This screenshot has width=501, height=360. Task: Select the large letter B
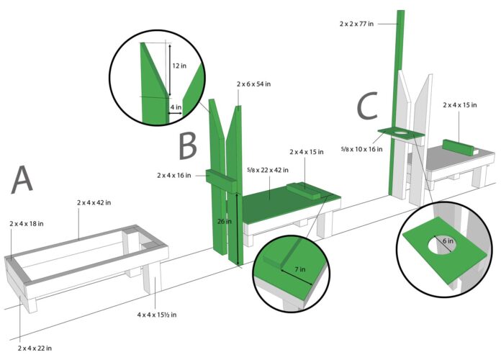pyautogui.click(x=189, y=145)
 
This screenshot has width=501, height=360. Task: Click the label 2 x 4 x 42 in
pyautogui.click(x=94, y=203)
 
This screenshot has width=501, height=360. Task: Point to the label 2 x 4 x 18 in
pyautogui.click(x=26, y=224)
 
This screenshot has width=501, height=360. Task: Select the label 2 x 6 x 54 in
pyautogui.click(x=253, y=84)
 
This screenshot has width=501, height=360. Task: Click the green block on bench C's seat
pyautogui.click(x=461, y=147)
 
